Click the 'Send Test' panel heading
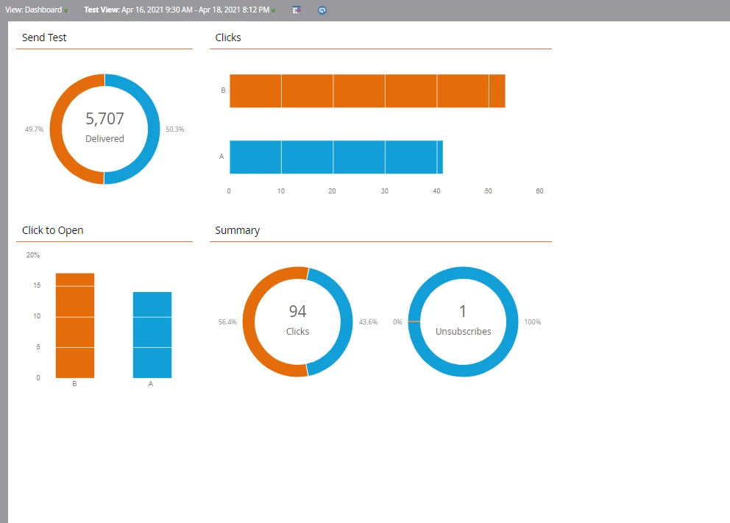pos(44,38)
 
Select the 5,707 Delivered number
pos(104,119)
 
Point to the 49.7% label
pos(34,129)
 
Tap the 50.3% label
pos(174,129)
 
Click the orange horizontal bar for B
pos(366,90)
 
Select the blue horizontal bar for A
pos(336,157)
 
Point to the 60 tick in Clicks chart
pos(539,191)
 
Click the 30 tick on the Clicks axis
pos(384,191)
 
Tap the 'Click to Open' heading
pos(52,230)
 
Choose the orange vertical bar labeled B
pos(75,325)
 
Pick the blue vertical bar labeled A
pos(152,335)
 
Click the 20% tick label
pos(33,255)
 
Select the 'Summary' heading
pos(237,230)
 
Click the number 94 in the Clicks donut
pos(297,312)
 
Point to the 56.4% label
pos(227,322)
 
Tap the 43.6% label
pos(368,322)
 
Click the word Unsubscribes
pos(463,332)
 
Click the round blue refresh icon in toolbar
pos(322,10)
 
